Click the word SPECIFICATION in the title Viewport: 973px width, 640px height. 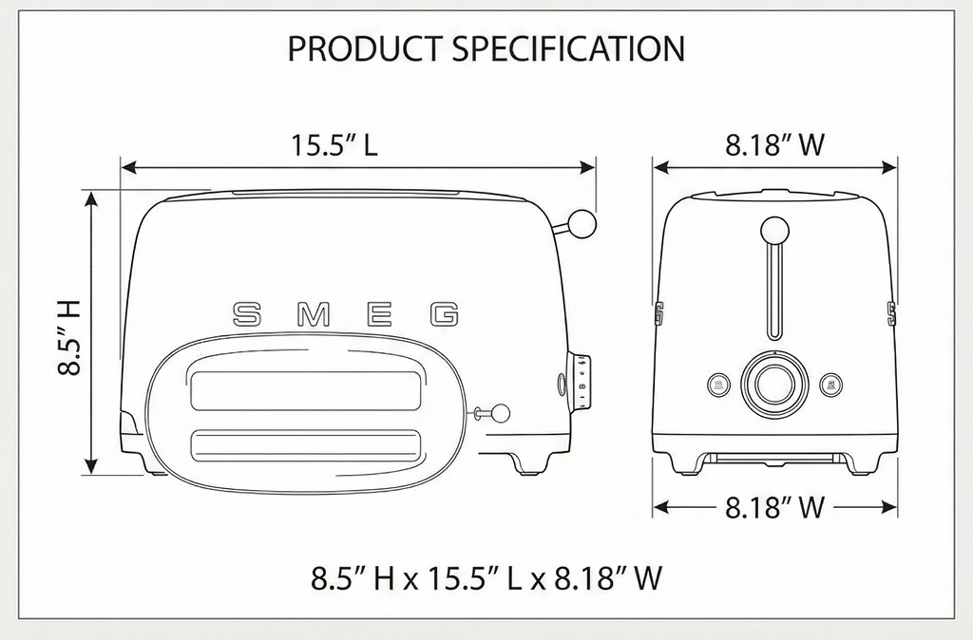pos(568,48)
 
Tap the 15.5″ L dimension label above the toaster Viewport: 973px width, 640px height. pos(334,144)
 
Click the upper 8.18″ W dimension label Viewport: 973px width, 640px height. pos(775,144)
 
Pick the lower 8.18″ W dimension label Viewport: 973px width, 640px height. pos(775,507)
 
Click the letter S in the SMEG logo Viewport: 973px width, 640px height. pos(246,314)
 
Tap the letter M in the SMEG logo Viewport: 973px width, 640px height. pos(314,314)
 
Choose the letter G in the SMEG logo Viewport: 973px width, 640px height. pos(445,314)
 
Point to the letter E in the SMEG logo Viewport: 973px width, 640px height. pos(379,314)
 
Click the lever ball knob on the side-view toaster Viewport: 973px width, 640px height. pos(582,223)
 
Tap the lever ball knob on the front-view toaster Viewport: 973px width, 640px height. pos(773,231)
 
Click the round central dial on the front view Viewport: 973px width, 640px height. pos(774,384)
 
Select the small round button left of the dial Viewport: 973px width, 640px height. pos(718,385)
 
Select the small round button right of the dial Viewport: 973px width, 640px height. pos(830,385)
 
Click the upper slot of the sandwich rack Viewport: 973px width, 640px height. pos(304,390)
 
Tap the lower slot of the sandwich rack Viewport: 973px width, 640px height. pos(304,446)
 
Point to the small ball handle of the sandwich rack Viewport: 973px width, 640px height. pos(499,413)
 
